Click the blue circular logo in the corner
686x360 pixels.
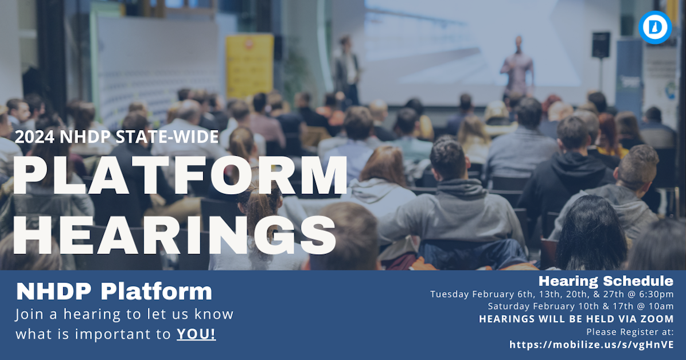click(654, 28)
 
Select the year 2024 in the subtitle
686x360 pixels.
click(33, 137)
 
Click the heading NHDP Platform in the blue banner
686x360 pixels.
click(114, 292)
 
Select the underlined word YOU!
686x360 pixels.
click(196, 334)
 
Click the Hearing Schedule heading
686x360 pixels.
click(606, 281)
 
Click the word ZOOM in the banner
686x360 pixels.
click(657, 319)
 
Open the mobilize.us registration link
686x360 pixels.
click(591, 345)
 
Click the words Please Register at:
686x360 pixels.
click(630, 331)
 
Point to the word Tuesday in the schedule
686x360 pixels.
click(450, 294)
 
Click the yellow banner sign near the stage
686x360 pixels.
click(250, 66)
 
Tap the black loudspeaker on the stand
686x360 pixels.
click(601, 45)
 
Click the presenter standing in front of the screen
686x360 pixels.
click(517, 68)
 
